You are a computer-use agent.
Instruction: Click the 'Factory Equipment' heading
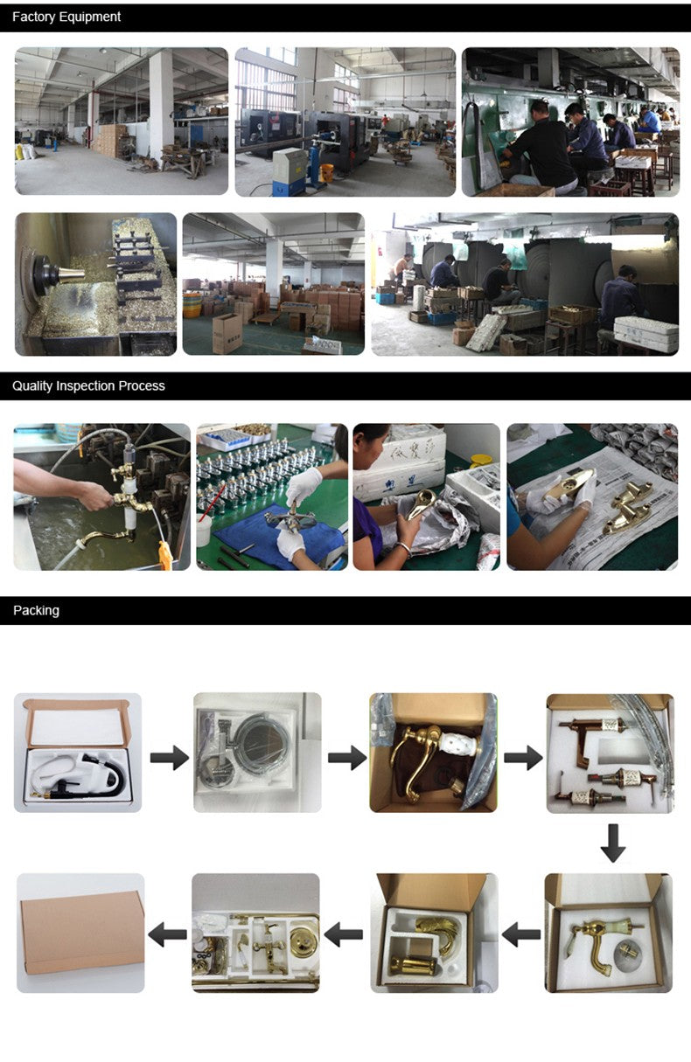tap(66, 17)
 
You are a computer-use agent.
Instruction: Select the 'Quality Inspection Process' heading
tap(88, 386)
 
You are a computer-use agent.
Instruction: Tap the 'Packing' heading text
tap(36, 610)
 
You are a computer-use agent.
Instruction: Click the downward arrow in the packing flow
tap(612, 843)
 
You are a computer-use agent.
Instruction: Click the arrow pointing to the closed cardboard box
tap(167, 934)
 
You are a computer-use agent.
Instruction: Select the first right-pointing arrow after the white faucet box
tap(170, 757)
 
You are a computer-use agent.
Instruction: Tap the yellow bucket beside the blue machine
tap(327, 174)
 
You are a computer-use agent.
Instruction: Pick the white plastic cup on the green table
tap(204, 530)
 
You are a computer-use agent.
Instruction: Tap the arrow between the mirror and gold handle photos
tap(347, 757)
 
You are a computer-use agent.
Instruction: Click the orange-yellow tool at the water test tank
tap(164, 555)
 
